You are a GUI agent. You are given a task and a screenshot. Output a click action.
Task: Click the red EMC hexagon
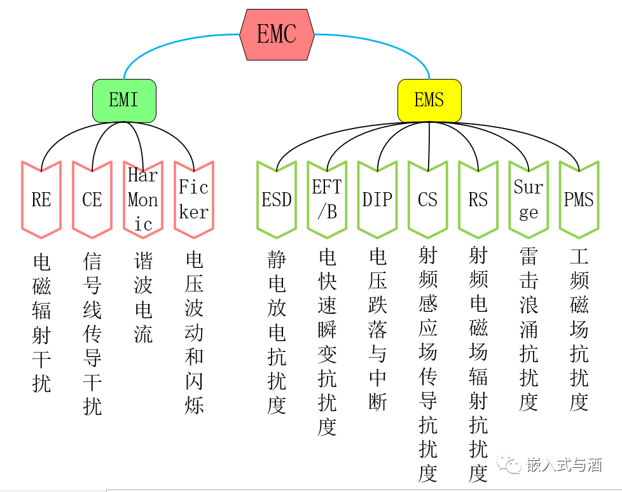click(x=277, y=34)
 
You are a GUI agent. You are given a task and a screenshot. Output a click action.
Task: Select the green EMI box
click(x=124, y=100)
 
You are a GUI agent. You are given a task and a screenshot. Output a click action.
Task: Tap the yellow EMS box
click(x=429, y=100)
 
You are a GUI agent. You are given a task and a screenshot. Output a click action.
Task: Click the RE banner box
click(x=41, y=199)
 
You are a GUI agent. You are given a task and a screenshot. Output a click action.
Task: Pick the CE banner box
click(x=92, y=199)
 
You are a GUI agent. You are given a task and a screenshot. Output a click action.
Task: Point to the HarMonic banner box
click(x=143, y=199)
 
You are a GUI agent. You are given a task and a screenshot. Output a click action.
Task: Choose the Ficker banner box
click(x=193, y=199)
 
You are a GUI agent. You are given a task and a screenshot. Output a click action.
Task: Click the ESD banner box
click(x=277, y=199)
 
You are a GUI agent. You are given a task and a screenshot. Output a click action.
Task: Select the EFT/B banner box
click(x=327, y=199)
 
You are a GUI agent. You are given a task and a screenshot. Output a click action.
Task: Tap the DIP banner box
click(x=377, y=199)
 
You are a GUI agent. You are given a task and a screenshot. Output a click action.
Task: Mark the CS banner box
click(x=428, y=199)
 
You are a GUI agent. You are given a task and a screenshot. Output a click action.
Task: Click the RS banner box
click(x=478, y=199)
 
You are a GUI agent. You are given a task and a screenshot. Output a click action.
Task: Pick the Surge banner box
click(x=529, y=199)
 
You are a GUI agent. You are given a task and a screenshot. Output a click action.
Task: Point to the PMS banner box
click(x=579, y=199)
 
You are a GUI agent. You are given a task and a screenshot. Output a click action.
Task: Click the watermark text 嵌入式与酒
click(x=563, y=465)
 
